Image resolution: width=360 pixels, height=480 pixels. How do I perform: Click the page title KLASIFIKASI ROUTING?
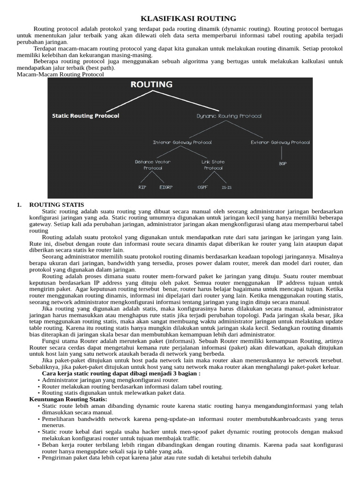[189, 19]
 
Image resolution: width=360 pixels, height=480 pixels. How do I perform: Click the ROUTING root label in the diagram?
[151, 85]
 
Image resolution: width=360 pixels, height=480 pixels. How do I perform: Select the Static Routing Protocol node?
[86, 116]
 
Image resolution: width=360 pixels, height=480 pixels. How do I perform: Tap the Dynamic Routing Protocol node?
[229, 116]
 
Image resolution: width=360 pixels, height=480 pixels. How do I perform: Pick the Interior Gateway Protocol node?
[182, 142]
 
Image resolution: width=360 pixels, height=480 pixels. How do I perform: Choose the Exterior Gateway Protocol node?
[280, 142]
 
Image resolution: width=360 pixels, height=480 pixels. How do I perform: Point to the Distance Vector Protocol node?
[153, 165]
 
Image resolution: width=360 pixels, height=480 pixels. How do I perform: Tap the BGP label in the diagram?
[283, 164]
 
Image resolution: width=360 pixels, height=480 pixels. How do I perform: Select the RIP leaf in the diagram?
[142, 187]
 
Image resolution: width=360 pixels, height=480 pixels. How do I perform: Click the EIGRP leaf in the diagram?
[166, 187]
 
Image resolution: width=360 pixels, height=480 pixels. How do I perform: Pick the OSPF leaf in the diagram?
[202, 187]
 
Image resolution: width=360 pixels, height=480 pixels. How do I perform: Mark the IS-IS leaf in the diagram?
[226, 187]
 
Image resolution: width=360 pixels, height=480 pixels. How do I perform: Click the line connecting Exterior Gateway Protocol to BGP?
[281, 153]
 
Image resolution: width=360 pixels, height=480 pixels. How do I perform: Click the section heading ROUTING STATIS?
[57, 205]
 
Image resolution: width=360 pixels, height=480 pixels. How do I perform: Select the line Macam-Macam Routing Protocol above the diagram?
[60, 74]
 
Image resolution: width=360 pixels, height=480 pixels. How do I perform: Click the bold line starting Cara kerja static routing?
[121, 374]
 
